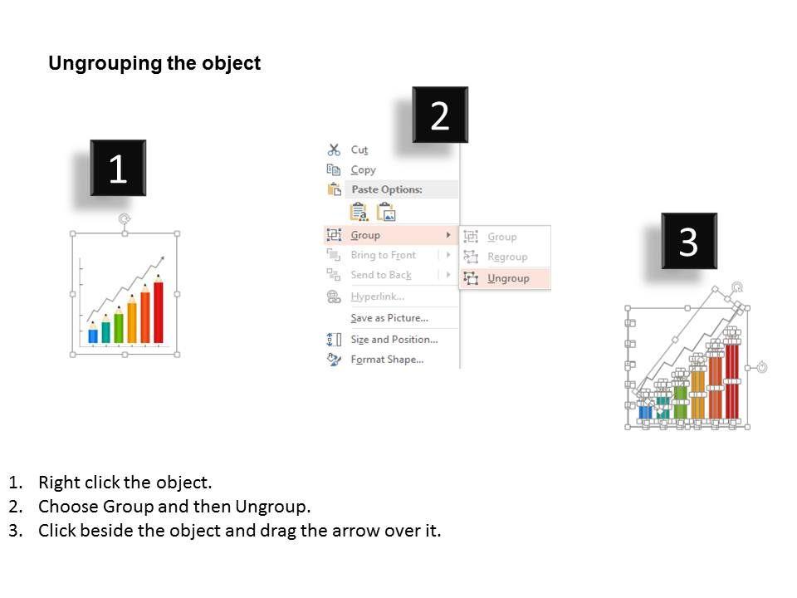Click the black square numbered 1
pyautogui.click(x=118, y=168)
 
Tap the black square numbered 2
pyautogui.click(x=440, y=115)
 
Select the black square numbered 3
pyautogui.click(x=689, y=241)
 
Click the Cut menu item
pyautogui.click(x=359, y=150)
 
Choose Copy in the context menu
pyautogui.click(x=363, y=169)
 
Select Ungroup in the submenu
pyautogui.click(x=508, y=278)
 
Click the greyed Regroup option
pyautogui.click(x=507, y=257)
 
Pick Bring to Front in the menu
pyautogui.click(x=384, y=255)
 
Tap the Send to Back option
pyautogui.click(x=381, y=275)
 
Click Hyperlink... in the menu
pyautogui.click(x=377, y=297)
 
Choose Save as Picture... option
pyautogui.click(x=389, y=318)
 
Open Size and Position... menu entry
pyautogui.click(x=394, y=339)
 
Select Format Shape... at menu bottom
pyautogui.click(x=387, y=360)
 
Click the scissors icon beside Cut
pyautogui.click(x=334, y=149)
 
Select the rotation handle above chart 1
pyautogui.click(x=124, y=218)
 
